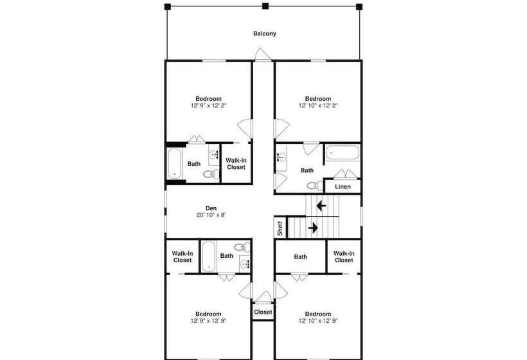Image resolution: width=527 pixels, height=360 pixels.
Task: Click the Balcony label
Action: click(x=265, y=33)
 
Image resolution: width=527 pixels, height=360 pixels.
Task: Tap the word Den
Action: click(x=211, y=208)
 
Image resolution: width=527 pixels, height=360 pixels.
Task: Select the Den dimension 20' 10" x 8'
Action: click(x=211, y=215)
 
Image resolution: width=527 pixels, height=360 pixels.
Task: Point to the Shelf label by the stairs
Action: click(x=280, y=228)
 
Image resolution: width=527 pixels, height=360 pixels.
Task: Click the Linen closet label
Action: click(x=343, y=186)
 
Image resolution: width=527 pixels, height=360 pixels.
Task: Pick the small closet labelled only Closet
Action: click(x=263, y=312)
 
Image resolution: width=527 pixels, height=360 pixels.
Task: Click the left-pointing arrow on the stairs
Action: click(x=321, y=205)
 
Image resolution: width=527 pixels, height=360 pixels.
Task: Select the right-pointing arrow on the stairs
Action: click(x=313, y=228)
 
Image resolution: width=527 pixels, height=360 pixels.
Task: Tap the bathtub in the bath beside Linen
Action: click(x=342, y=152)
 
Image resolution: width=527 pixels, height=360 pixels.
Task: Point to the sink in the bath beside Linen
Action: click(x=281, y=157)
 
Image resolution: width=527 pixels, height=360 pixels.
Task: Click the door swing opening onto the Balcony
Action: click(x=263, y=55)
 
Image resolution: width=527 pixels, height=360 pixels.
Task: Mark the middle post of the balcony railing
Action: click(x=265, y=6)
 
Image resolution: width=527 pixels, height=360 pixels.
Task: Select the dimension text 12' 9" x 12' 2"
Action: click(x=209, y=105)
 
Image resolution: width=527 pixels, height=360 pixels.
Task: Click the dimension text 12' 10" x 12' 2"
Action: click(x=318, y=105)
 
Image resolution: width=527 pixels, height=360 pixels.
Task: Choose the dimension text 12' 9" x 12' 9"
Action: click(x=208, y=321)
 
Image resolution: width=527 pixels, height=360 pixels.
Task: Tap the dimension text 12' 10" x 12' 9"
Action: click(x=318, y=321)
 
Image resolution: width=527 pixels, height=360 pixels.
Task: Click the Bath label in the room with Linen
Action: click(x=307, y=170)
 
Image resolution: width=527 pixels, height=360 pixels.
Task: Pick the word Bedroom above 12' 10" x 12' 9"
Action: click(x=318, y=314)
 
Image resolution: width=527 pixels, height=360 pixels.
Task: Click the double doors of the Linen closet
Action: click(x=346, y=174)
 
